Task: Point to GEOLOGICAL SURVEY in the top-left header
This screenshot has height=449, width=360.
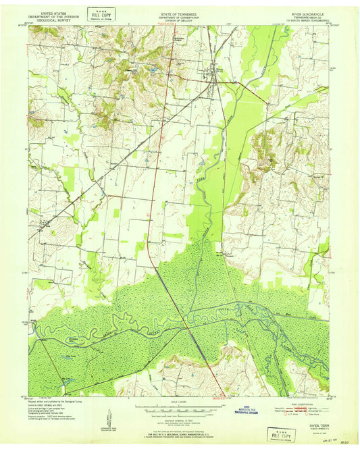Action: (x=55, y=19)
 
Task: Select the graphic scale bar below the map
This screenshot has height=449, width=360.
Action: (x=179, y=408)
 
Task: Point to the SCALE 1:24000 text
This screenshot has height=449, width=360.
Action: (x=179, y=403)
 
